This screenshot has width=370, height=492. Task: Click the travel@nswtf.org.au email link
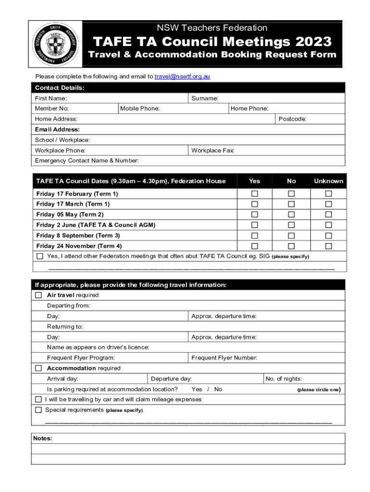coord(182,76)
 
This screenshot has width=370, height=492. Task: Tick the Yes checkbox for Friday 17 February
coord(255,194)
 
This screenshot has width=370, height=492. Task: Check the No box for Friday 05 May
coord(291,215)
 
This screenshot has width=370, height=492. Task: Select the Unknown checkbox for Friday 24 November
coord(329,246)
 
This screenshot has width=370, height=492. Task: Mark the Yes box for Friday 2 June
coord(255,225)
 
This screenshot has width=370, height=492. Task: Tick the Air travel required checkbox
coord(39,295)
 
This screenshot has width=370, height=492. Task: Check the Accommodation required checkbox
coord(39,368)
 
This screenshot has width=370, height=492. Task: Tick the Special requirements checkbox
coord(38,410)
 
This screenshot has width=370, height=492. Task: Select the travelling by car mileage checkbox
coord(38,399)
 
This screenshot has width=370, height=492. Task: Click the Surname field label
coord(205,98)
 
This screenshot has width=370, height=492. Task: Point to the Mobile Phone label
coord(140,109)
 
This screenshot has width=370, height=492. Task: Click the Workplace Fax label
coord(213,150)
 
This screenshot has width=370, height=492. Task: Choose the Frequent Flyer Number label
coord(224,357)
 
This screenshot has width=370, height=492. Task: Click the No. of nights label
coord(284,379)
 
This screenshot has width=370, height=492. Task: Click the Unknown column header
coord(329,181)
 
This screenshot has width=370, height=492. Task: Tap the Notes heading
coord(43,438)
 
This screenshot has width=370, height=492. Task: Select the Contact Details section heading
coord(60,87)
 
